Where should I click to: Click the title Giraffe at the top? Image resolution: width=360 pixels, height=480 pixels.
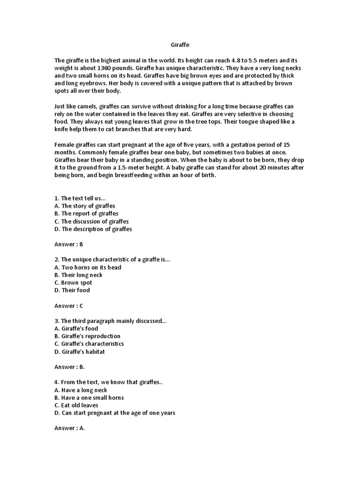pos(180,45)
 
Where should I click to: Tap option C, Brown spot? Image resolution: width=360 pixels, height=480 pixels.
pos(73,283)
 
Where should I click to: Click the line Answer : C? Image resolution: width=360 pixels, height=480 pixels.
pos(69,306)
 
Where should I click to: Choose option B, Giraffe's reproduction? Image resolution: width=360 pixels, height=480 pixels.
pos(87,336)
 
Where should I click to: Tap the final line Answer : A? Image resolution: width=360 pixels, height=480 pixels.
pos(70,428)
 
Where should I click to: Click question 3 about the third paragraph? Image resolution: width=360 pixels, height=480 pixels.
pos(111,321)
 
